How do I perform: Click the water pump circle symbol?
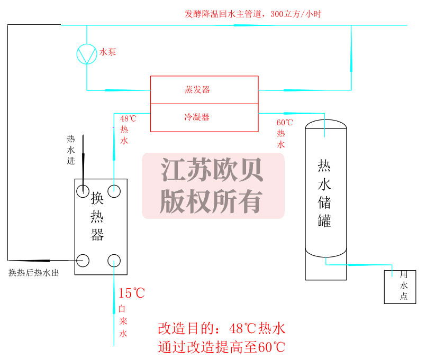pyautogui.click(x=87, y=54)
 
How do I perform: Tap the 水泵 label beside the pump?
pyautogui.click(x=108, y=52)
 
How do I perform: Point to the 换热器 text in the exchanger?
pyautogui.click(x=97, y=217)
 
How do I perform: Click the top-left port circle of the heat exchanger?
pyautogui.click(x=83, y=190)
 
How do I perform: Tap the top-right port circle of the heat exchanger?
pyautogui.click(x=114, y=190)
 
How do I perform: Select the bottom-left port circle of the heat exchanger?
pyautogui.click(x=83, y=260)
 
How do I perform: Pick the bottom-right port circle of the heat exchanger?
pyautogui.click(x=114, y=260)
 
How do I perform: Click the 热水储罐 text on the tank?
pyautogui.click(x=324, y=193)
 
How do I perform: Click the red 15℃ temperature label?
pyautogui.click(x=131, y=293)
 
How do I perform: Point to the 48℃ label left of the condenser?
pyautogui.click(x=128, y=119)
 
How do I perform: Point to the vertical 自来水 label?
pyautogui.click(x=122, y=321)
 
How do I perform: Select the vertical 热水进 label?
pyautogui.click(x=71, y=150)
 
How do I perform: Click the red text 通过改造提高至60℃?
pyautogui.click(x=221, y=347)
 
